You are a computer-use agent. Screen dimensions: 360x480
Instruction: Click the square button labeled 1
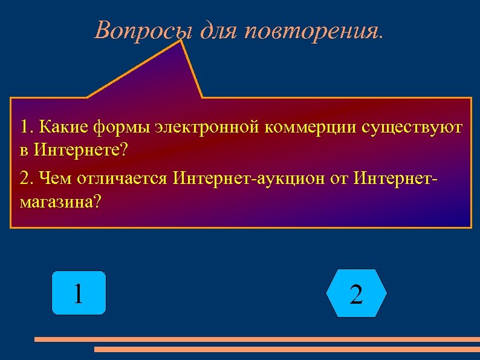[x=79, y=293]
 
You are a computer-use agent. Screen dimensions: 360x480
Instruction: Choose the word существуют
[x=412, y=128]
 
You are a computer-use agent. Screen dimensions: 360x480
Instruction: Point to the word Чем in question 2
[x=54, y=179]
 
